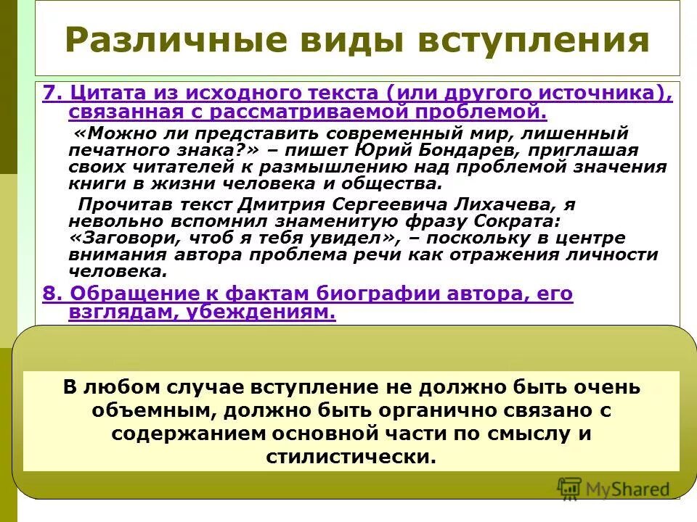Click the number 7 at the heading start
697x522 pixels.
pyautogui.click(x=48, y=94)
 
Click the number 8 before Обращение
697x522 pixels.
pyautogui.click(x=48, y=294)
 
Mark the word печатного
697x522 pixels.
pyautogui.click(x=123, y=151)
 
